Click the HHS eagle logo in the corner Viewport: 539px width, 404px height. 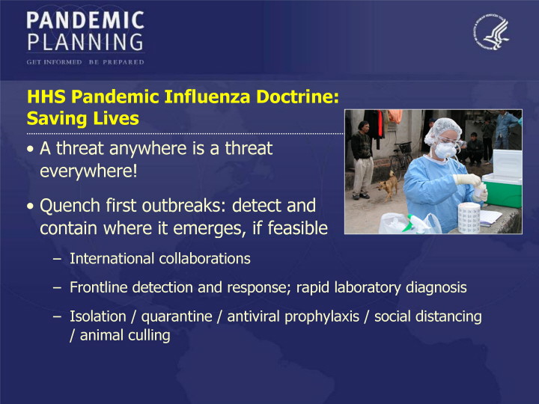click(x=491, y=32)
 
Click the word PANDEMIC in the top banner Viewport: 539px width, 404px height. click(x=85, y=20)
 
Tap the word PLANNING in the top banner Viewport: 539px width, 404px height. click(x=85, y=42)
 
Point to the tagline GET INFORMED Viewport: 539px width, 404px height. click(x=54, y=62)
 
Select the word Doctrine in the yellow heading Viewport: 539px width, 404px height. click(x=298, y=97)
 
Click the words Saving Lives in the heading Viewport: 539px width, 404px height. click(x=83, y=118)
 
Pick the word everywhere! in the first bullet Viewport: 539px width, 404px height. click(x=88, y=171)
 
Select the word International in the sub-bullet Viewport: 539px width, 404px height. click(x=112, y=258)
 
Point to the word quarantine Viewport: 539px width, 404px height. click(x=177, y=316)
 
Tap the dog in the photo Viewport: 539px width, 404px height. click(x=389, y=186)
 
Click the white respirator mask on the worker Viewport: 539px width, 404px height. click(x=446, y=150)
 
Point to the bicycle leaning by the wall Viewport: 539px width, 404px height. click(x=401, y=160)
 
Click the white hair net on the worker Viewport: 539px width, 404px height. click(x=442, y=129)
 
